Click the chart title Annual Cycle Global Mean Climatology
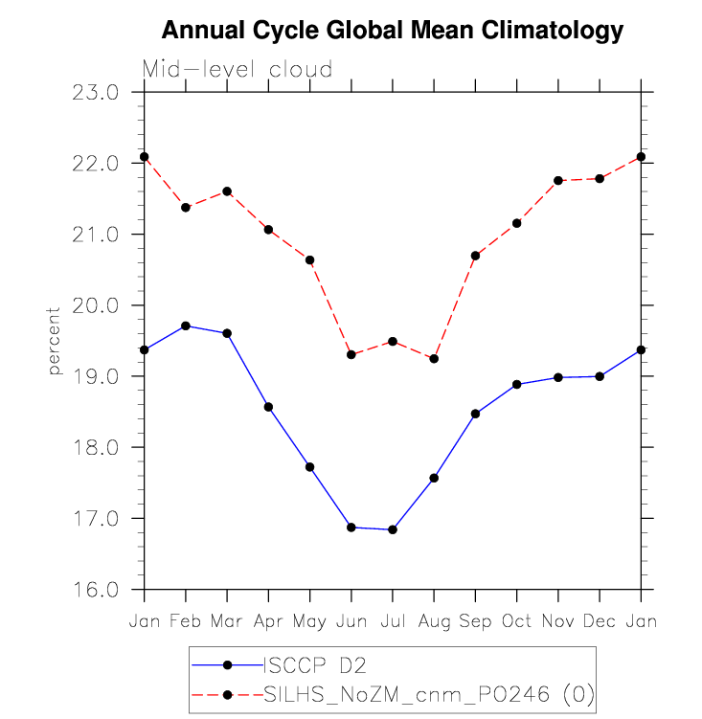coord(393,31)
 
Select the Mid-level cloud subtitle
coord(238,70)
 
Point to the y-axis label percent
coord(55,341)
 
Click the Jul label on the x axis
coord(393,621)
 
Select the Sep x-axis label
coord(475,621)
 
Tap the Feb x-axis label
coord(186,621)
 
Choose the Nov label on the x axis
coord(558,621)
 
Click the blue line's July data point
coord(393,529)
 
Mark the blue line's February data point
coord(186,326)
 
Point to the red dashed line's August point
coord(434,359)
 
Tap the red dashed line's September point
coord(475,256)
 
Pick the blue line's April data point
coord(268,407)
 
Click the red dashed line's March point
coord(227,191)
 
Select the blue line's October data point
coord(517,384)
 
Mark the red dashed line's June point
coord(351,354)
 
